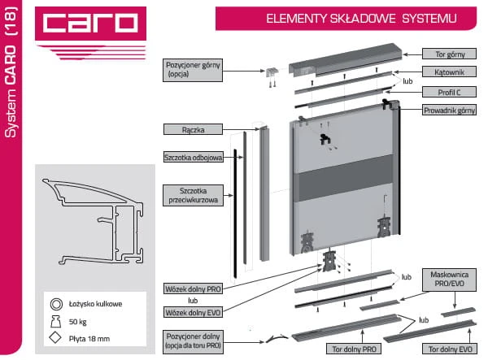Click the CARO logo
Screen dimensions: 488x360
[90, 24]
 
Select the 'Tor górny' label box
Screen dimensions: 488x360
[449, 54]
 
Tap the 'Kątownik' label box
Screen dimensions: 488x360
[449, 72]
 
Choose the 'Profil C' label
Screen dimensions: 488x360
[449, 92]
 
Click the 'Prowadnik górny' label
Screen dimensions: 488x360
[449, 110]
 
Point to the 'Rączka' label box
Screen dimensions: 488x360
[193, 129]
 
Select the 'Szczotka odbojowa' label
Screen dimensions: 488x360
[194, 158]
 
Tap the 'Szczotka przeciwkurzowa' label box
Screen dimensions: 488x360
[193, 196]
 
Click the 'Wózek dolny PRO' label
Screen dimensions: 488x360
[193, 288]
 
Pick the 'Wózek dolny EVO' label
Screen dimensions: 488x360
[193, 312]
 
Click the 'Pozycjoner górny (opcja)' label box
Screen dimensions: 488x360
[193, 70]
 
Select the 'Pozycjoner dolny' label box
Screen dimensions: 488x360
[193, 342]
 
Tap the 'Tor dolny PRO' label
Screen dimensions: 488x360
[354, 349]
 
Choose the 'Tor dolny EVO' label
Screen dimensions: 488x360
[450, 349]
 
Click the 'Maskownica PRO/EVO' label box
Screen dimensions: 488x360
[449, 280]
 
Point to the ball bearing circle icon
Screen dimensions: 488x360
[56, 304]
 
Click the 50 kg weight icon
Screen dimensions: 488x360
[55, 322]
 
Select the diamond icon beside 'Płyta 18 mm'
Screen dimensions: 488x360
[55, 338]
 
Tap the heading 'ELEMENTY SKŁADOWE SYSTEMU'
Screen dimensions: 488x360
[361, 19]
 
